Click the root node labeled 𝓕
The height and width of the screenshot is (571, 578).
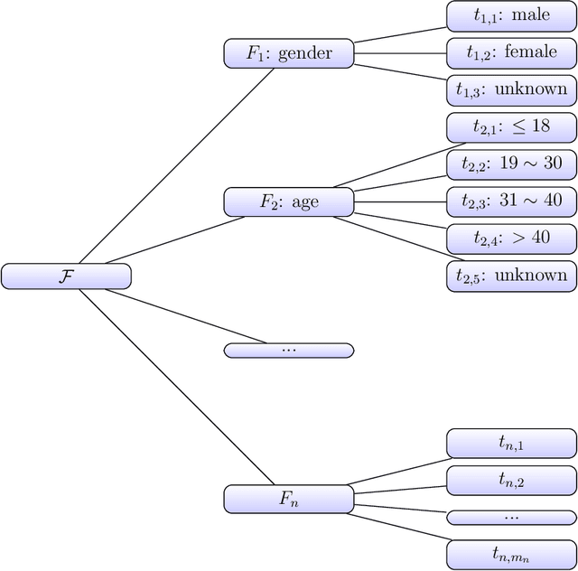pyautogui.click(x=66, y=276)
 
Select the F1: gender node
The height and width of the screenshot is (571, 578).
pyautogui.click(x=289, y=53)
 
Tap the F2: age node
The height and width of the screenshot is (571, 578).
pyautogui.click(x=289, y=201)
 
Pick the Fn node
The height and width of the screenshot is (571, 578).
pyautogui.click(x=289, y=499)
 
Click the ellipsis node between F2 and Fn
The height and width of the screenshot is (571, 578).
pyautogui.click(x=289, y=350)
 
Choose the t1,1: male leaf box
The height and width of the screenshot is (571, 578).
pyautogui.click(x=511, y=15)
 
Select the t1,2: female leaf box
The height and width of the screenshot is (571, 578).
pyautogui.click(x=511, y=52)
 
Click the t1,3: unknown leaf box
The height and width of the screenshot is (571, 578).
pyautogui.click(x=511, y=89)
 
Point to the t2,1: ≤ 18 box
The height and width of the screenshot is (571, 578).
pyautogui.click(x=511, y=127)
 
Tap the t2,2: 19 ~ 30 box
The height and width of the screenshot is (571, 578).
pyautogui.click(x=511, y=164)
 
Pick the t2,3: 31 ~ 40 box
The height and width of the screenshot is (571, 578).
pyautogui.click(x=511, y=201)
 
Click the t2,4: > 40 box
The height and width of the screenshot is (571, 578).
pyautogui.click(x=511, y=239)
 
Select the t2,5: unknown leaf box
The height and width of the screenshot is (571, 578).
pyautogui.click(x=511, y=276)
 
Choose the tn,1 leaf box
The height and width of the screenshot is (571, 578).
pyautogui.click(x=511, y=443)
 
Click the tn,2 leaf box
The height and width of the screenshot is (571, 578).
pyautogui.click(x=511, y=480)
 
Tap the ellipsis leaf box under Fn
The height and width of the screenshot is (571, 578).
pyautogui.click(x=511, y=517)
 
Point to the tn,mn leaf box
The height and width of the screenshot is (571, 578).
pyautogui.click(x=511, y=554)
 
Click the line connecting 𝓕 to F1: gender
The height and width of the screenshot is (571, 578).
pyautogui.click(x=176, y=165)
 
